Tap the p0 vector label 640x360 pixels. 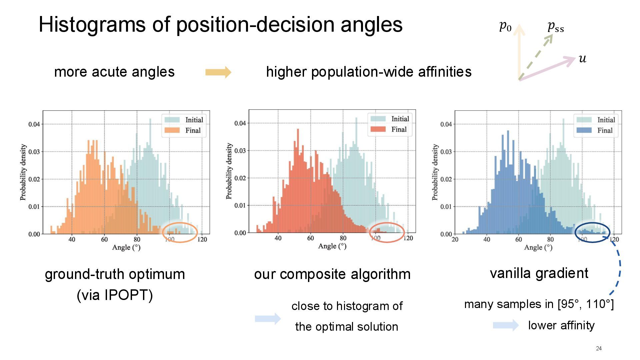505,26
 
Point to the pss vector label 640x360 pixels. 555,26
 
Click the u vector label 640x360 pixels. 582,59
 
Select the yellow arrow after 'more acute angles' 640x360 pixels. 218,72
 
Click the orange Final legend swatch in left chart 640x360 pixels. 172,130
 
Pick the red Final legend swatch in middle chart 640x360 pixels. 378,129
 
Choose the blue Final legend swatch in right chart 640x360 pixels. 584,130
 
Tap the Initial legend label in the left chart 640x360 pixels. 194,120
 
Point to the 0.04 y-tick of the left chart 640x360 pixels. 34,124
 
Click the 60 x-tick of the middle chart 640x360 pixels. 310,238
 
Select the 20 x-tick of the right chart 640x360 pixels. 455,239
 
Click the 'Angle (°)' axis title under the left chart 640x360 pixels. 126,247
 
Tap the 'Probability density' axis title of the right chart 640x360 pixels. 435,172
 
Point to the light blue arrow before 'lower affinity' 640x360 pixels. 505,325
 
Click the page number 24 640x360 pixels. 599,348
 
